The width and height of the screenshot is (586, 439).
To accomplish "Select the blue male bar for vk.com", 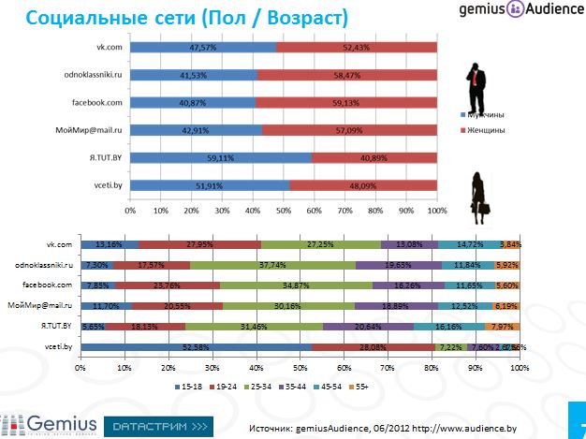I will [x=202, y=47].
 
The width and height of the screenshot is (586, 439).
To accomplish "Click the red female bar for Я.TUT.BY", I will [x=374, y=158].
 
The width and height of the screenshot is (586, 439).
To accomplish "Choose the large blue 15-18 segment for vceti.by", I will [x=196, y=347].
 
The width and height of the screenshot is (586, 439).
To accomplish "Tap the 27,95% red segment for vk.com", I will [x=199, y=244].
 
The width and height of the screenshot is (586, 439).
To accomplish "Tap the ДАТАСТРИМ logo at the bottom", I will [x=156, y=426].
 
